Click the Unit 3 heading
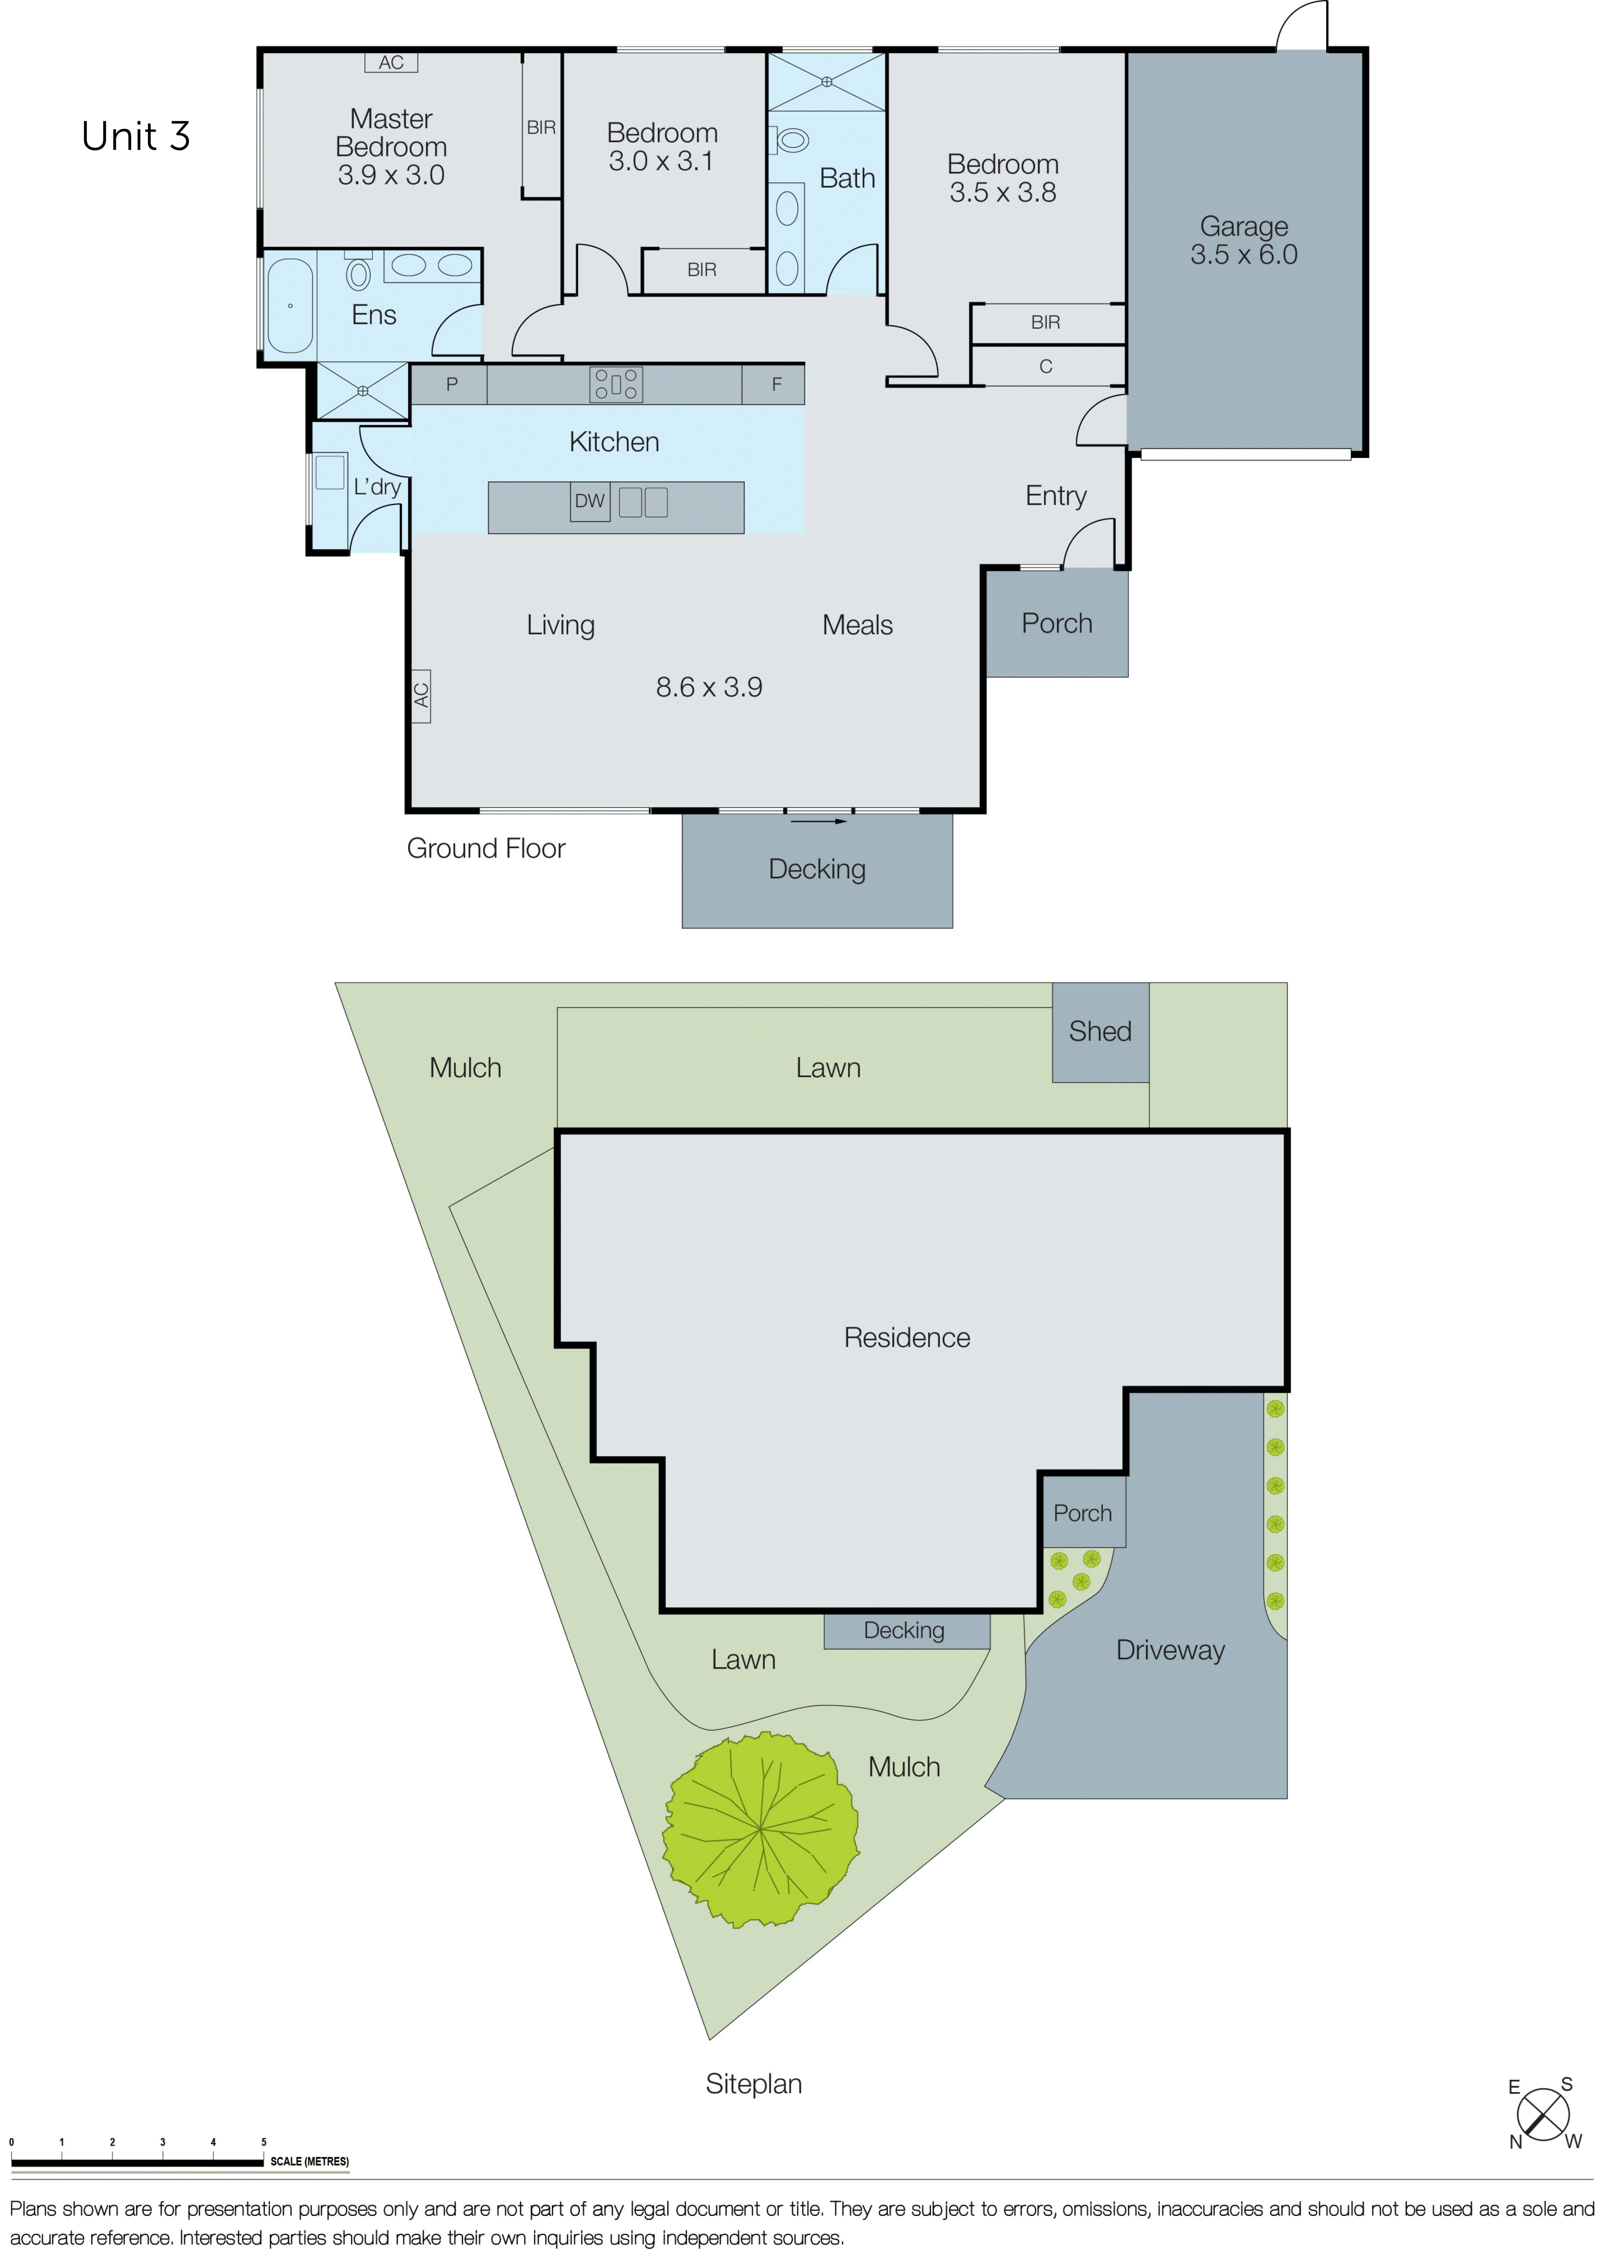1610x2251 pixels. click(136, 137)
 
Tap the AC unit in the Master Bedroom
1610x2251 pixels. click(392, 62)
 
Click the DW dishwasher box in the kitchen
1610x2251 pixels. click(590, 502)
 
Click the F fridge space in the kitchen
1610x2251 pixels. click(776, 385)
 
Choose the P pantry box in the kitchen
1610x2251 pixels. click(451, 385)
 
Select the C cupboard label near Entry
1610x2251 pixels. click(1046, 367)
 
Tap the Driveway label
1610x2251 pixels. click(1171, 1650)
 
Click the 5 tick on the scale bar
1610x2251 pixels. click(264, 2142)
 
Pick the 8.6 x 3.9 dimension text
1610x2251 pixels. click(709, 687)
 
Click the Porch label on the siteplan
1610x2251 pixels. click(1083, 1514)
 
